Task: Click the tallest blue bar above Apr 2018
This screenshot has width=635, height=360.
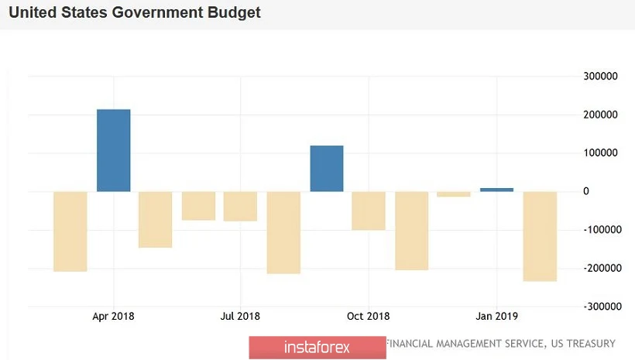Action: click(x=113, y=150)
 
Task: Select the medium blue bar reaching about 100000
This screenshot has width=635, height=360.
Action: click(x=327, y=168)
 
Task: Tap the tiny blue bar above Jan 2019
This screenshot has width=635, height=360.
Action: click(x=496, y=189)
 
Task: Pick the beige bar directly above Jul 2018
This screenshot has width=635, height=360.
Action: click(x=240, y=207)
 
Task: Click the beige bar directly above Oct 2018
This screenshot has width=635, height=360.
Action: click(x=369, y=211)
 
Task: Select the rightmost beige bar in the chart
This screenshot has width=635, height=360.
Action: click(x=540, y=236)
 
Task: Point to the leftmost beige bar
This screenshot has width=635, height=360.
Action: click(x=70, y=231)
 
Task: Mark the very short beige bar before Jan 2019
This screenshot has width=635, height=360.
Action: click(x=454, y=194)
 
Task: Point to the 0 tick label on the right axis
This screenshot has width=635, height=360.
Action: click(x=585, y=191)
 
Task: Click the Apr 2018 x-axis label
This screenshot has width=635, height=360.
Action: click(x=113, y=317)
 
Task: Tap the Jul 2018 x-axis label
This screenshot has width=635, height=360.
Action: click(x=240, y=317)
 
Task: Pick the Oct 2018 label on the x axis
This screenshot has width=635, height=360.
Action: click(x=369, y=317)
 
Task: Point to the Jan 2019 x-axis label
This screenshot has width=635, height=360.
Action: click(x=496, y=317)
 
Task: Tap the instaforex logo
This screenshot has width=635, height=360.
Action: click(x=317, y=347)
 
